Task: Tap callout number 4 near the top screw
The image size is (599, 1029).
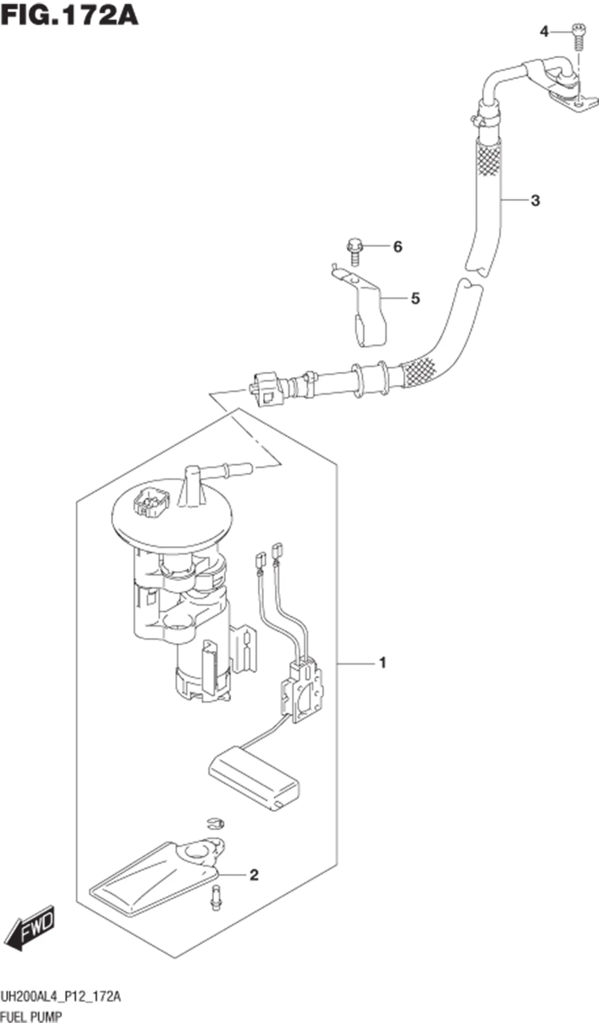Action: (544, 32)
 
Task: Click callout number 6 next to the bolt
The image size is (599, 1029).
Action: (397, 246)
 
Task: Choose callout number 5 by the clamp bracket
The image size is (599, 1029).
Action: (415, 298)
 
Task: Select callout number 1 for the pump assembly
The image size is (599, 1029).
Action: (382, 663)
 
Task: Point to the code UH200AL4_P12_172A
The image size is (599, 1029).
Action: (61, 1006)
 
